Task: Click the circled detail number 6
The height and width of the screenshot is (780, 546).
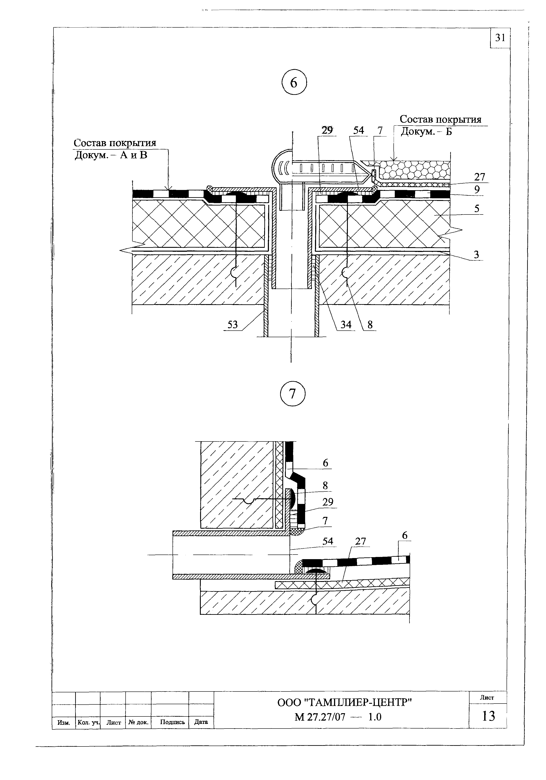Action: coord(294,83)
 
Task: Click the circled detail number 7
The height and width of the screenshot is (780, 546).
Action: coord(293,394)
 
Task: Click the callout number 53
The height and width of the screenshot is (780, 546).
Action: coord(232,325)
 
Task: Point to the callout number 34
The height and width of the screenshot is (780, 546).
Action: coord(346,325)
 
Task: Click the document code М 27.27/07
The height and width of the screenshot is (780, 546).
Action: coord(320,717)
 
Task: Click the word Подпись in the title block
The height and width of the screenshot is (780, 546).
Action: coord(172,722)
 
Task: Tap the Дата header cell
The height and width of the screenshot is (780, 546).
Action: coord(201,722)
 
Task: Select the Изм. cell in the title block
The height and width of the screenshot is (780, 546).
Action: coord(64,723)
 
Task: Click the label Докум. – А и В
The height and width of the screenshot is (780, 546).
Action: coord(111,155)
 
